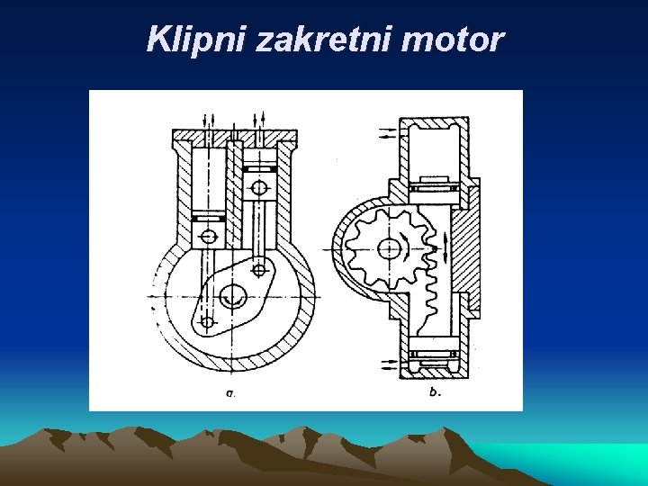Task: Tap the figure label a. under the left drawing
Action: click(231, 391)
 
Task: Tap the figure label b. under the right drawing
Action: click(436, 391)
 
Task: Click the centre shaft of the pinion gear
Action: click(389, 247)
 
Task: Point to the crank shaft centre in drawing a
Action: click(232, 292)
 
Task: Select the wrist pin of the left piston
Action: click(208, 236)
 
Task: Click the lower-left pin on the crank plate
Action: click(208, 321)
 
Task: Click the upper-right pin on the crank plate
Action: click(259, 268)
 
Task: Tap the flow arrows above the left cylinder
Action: click(209, 119)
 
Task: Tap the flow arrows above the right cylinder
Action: click(260, 119)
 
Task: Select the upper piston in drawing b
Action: click(436, 190)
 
